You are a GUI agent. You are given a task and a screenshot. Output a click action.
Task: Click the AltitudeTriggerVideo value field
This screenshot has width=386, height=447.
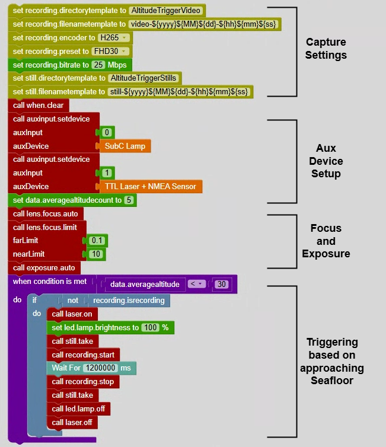pyautogui.click(x=167, y=11)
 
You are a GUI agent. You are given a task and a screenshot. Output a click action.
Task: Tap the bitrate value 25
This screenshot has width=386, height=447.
pyautogui.click(x=98, y=65)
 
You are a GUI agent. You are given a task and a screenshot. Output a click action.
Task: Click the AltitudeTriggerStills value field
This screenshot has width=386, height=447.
pyautogui.click(x=144, y=78)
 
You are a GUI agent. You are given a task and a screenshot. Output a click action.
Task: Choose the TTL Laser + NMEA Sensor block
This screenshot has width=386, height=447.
pyautogui.click(x=150, y=186)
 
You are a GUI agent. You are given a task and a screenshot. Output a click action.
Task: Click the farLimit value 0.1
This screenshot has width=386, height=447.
pyautogui.click(x=97, y=241)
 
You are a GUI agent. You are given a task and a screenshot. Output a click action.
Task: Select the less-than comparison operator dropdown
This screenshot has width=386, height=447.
pyautogui.click(x=196, y=284)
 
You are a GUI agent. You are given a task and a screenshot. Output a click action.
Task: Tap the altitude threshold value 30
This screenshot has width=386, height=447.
pyautogui.click(x=221, y=284)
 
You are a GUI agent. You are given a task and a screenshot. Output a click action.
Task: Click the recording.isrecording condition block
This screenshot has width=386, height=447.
pyautogui.click(x=129, y=301)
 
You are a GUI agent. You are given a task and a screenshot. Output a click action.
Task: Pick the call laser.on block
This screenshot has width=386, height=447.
pyautogui.click(x=72, y=314)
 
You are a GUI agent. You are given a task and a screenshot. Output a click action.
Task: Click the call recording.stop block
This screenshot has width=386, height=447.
pyautogui.click(x=82, y=382)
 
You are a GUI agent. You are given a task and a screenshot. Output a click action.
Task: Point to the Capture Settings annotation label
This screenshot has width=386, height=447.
pyautogui.click(x=326, y=49)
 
